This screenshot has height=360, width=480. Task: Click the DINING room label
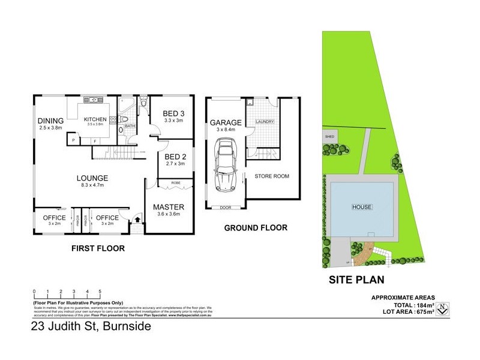tap(50, 119)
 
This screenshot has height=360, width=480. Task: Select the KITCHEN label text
tap(95, 119)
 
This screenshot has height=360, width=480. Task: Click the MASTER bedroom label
tap(169, 208)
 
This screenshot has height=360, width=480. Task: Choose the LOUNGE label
tap(92, 178)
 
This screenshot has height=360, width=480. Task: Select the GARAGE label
tap(226, 122)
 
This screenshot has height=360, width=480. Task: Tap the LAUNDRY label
tap(265, 122)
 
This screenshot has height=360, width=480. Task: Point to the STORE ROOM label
tap(272, 176)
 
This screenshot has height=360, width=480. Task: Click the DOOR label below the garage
tap(225, 208)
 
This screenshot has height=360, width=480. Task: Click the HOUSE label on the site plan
tap(362, 207)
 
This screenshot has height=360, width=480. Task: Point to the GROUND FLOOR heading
tap(256, 228)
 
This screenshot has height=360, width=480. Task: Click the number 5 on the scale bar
tap(100, 292)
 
